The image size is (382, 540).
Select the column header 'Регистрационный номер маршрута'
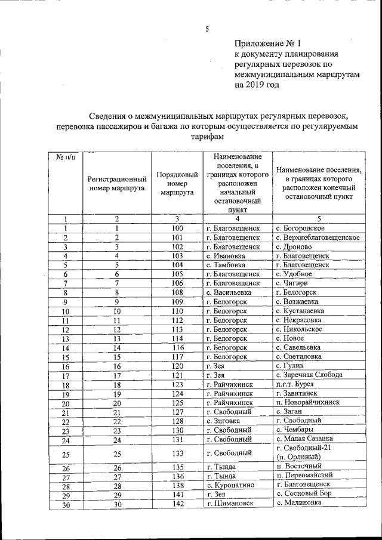click(x=118, y=183)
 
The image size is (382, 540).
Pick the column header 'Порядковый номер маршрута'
click(x=177, y=183)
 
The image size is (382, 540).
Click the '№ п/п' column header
click(x=66, y=156)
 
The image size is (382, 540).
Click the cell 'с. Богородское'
click(x=301, y=228)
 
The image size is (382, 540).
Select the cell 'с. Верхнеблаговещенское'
click(x=318, y=237)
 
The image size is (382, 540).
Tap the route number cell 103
click(x=177, y=255)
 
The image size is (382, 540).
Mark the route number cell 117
click(x=177, y=357)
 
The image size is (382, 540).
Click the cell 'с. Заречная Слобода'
click(x=309, y=375)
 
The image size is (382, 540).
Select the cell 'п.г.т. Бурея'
click(x=295, y=384)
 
